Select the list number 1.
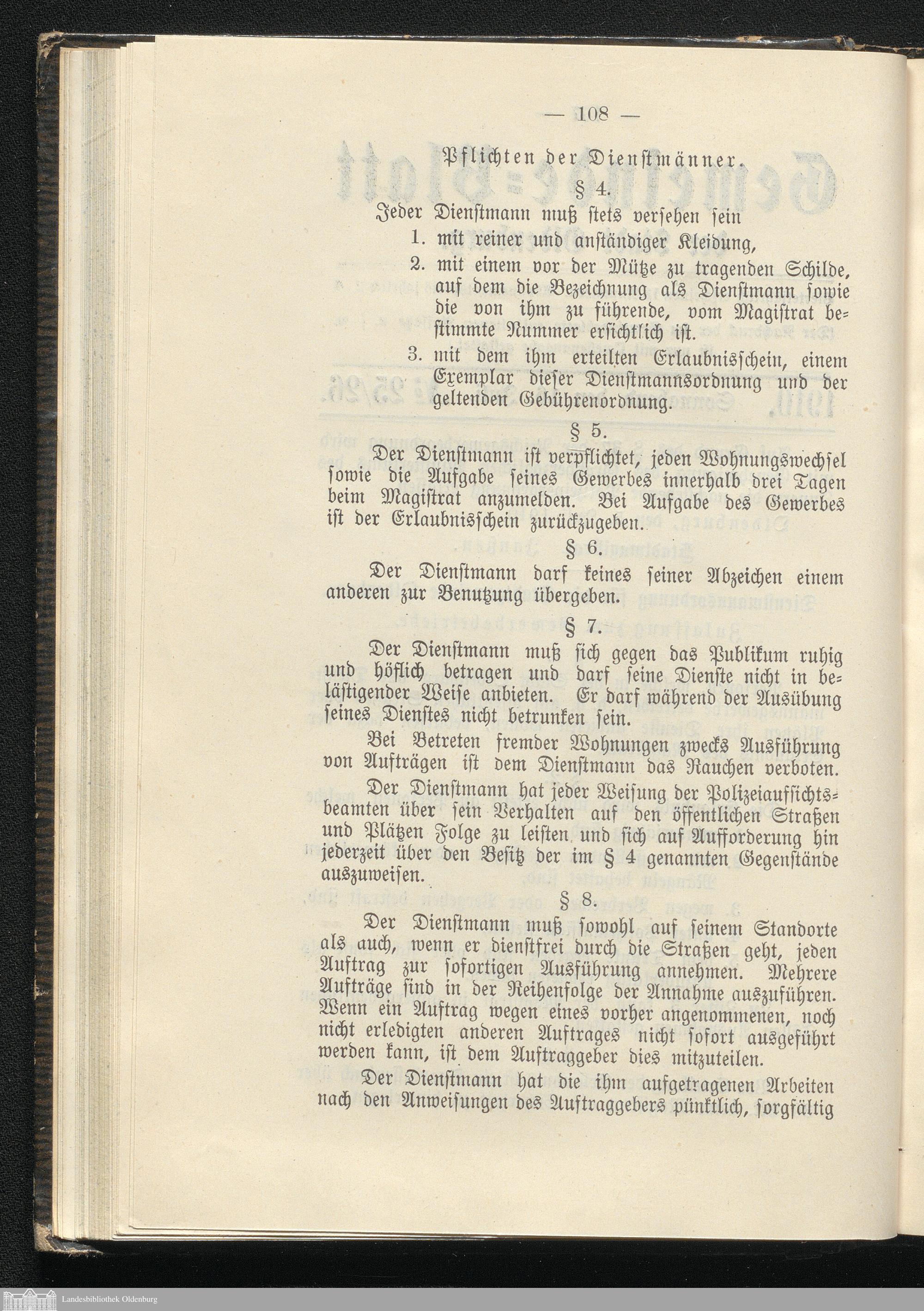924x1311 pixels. [416, 239]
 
